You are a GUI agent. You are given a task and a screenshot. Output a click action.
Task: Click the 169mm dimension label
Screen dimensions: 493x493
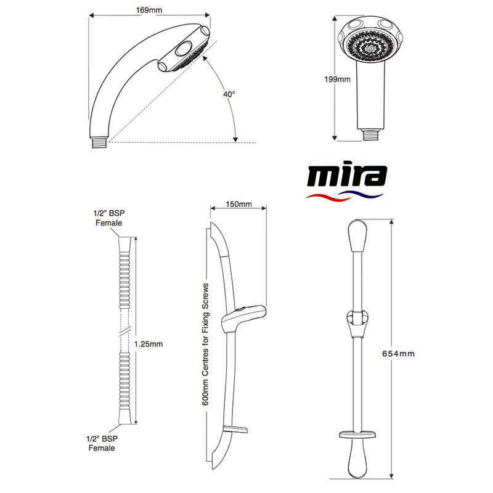(149, 10)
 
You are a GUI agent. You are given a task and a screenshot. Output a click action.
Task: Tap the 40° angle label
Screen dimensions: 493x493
(229, 94)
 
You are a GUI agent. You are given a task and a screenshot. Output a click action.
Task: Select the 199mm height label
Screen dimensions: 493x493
(337, 79)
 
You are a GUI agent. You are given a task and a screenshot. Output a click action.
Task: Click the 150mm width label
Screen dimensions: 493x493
(238, 205)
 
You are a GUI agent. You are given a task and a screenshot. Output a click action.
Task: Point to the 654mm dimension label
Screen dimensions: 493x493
(398, 354)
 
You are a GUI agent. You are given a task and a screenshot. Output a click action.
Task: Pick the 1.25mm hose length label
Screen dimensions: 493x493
(149, 344)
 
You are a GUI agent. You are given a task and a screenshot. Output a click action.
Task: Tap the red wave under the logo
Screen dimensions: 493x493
(327, 198)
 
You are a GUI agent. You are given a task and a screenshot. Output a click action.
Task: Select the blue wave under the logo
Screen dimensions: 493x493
(362, 194)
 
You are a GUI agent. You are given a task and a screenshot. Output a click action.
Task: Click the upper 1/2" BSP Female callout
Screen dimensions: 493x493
(109, 218)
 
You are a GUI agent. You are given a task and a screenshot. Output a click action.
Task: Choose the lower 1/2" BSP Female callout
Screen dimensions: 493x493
(102, 443)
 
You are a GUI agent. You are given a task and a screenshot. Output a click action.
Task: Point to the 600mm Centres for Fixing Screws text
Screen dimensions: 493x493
(205, 344)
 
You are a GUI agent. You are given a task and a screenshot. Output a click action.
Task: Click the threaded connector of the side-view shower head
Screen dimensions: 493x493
(100, 142)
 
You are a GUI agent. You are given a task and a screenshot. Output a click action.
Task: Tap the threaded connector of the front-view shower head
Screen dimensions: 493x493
(371, 135)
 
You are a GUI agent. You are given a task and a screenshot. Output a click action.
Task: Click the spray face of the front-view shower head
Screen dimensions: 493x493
(370, 46)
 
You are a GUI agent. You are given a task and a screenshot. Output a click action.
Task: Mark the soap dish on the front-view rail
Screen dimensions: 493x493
(357, 435)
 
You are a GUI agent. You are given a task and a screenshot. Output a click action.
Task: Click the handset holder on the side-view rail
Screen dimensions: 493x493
(243, 317)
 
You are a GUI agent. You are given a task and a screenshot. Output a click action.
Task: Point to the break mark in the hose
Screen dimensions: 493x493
(124, 333)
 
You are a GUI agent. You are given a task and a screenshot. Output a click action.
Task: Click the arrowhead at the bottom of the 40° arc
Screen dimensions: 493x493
(235, 140)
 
